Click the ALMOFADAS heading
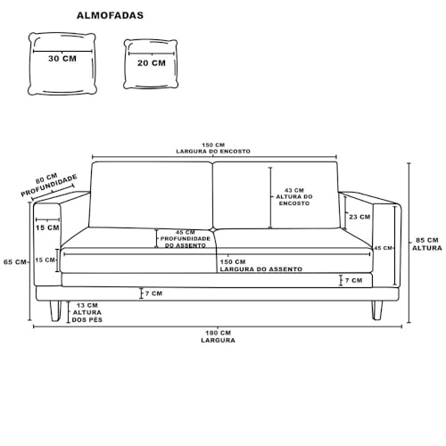point(110,15)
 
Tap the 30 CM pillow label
point(62,59)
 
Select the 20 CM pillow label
point(152,63)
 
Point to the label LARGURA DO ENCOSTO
point(213,152)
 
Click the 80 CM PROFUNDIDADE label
point(49,185)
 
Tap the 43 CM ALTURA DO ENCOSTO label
point(294,197)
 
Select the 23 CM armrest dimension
point(359,217)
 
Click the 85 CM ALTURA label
point(427,244)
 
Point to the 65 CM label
point(15,262)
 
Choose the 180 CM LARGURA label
point(218,336)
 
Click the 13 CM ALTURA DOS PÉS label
point(87,312)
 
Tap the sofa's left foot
point(55,310)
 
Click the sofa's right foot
point(377,310)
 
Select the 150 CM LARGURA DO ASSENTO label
point(260,266)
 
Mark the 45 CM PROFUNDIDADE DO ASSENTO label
point(186,239)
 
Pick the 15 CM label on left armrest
point(47,227)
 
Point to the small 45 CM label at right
point(383,248)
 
